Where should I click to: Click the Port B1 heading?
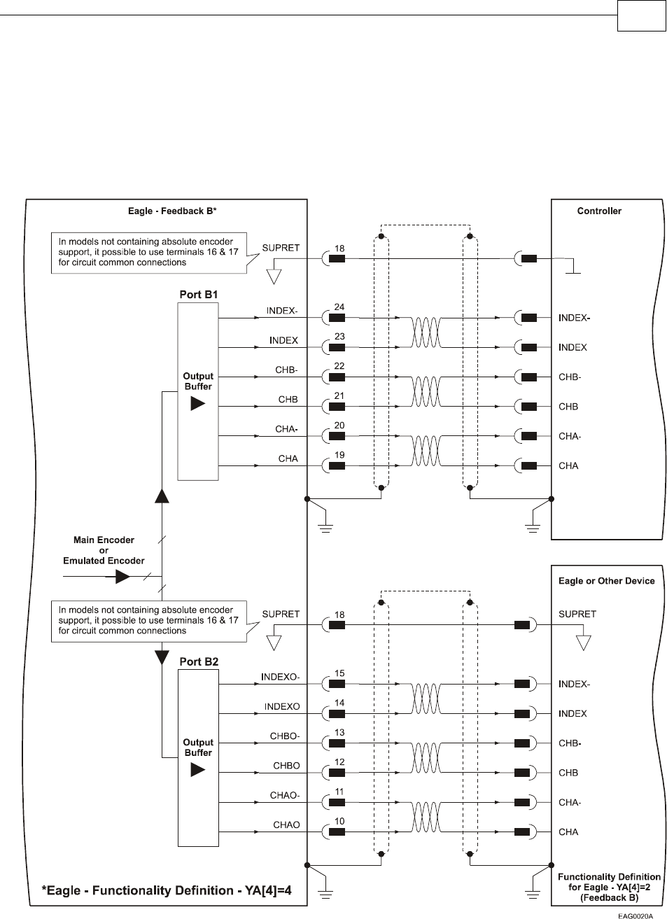198,295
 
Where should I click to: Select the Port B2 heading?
198,661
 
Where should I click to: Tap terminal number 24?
339,307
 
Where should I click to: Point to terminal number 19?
339,455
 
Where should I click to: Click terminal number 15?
339,673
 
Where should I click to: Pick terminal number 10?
339,821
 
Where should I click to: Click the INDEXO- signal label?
280,677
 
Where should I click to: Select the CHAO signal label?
286,825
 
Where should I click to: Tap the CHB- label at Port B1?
286,370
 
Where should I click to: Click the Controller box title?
599,211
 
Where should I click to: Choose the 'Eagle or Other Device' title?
606,581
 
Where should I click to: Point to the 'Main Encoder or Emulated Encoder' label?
104,550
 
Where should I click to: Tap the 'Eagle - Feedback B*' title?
167,211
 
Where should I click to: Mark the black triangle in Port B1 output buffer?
198,404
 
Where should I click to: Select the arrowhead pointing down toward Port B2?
162,657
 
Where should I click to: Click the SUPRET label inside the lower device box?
577,615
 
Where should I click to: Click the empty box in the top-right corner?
640,16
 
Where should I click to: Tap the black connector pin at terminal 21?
337,406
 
